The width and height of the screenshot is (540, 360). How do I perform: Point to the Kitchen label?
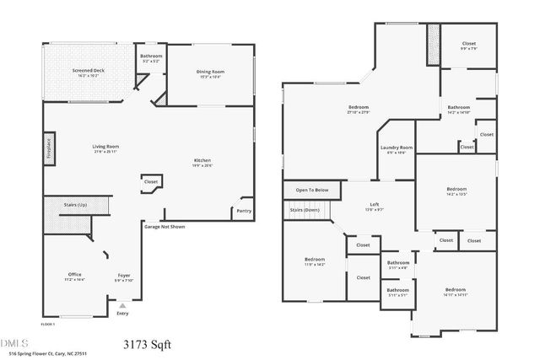click(202, 161)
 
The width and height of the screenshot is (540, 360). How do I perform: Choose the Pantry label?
click(244, 211)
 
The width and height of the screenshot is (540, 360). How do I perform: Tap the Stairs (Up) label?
click(76, 203)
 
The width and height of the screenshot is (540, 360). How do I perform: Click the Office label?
click(75, 275)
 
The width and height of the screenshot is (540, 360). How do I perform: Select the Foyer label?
click(124, 275)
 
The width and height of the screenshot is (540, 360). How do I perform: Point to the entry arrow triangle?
click(123, 305)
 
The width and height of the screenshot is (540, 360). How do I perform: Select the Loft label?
click(374, 205)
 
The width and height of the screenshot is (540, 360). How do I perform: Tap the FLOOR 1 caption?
click(48, 324)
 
